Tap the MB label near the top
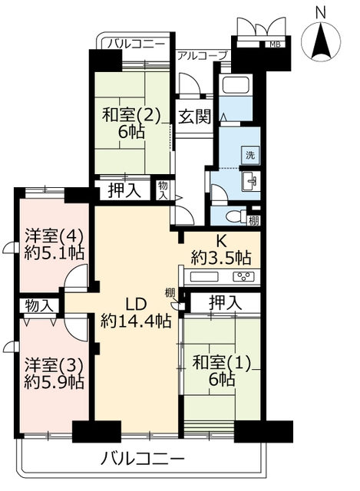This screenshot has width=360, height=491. coord(275,44)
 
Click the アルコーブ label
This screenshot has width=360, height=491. coord(202,56)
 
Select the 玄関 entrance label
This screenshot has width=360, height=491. coord(194,117)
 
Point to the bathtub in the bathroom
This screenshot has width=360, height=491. coord(236,85)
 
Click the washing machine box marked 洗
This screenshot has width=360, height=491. coord(250,155)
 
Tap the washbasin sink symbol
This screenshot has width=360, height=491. coord(251,181)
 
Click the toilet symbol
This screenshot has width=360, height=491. coord(237,216)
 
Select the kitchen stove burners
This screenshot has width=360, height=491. coord(244,276)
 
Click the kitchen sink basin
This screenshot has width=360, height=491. coord(204,276)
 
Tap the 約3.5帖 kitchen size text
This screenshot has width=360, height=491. coord(221,258)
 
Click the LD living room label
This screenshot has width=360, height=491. coord(136,304)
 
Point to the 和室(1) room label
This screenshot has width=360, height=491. coord(222,364)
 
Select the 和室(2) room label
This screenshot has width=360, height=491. coord(131,116)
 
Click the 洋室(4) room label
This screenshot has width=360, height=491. coord(54,237)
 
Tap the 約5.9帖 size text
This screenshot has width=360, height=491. coord(54,382)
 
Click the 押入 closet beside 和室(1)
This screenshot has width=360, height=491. coord(225,303)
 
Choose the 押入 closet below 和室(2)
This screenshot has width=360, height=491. coord(124,191)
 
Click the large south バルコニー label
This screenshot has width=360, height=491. coord(143,460)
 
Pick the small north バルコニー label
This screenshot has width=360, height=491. coord(136,44)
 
